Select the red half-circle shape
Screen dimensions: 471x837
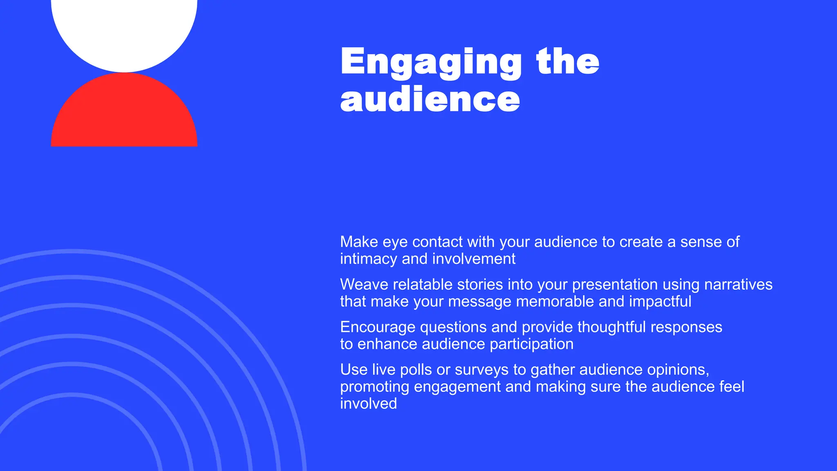coord(124,114)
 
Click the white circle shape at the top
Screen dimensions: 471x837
coord(124,29)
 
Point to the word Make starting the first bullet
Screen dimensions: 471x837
coord(359,242)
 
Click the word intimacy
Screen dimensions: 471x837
coord(369,259)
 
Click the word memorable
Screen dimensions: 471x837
coord(555,302)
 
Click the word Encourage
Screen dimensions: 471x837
coord(378,327)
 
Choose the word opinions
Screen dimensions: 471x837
coord(678,370)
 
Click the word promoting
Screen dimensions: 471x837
coord(374,387)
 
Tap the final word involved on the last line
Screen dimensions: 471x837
coord(368,404)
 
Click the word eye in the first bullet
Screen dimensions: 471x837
coord(395,242)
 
